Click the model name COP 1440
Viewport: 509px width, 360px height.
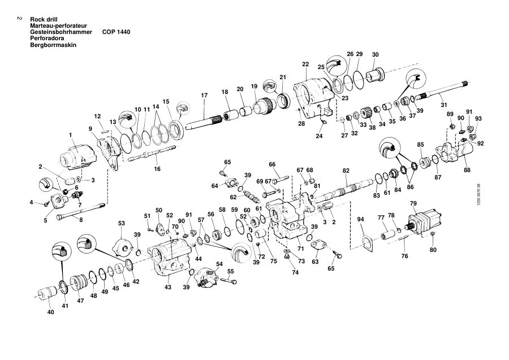click(x=116, y=32)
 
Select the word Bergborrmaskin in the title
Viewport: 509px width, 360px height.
click(x=53, y=45)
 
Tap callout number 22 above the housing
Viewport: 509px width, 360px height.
click(x=305, y=65)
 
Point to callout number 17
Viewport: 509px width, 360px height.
click(x=204, y=95)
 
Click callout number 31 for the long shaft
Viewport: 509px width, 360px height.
click(x=444, y=105)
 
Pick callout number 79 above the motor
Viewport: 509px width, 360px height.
click(x=413, y=204)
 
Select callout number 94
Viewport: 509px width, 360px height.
click(x=361, y=219)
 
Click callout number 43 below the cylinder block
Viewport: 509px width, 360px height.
click(x=168, y=287)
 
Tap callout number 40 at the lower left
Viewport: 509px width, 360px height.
click(x=51, y=312)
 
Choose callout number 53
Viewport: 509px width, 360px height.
click(x=122, y=224)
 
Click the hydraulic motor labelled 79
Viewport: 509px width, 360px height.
click(x=424, y=220)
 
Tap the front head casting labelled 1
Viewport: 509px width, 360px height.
click(x=79, y=156)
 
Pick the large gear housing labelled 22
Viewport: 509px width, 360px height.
click(x=313, y=98)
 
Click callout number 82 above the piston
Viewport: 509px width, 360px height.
click(x=346, y=170)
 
